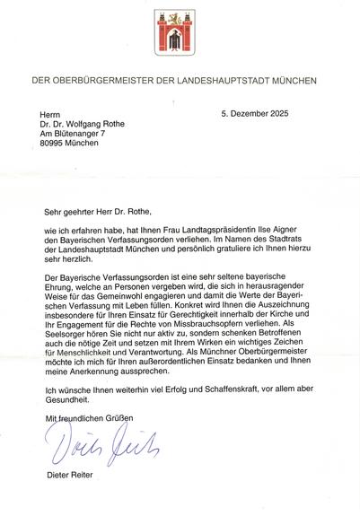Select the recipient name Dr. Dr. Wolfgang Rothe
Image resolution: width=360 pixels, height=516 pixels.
pos(88,126)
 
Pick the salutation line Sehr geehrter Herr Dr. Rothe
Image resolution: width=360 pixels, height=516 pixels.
pos(101,213)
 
